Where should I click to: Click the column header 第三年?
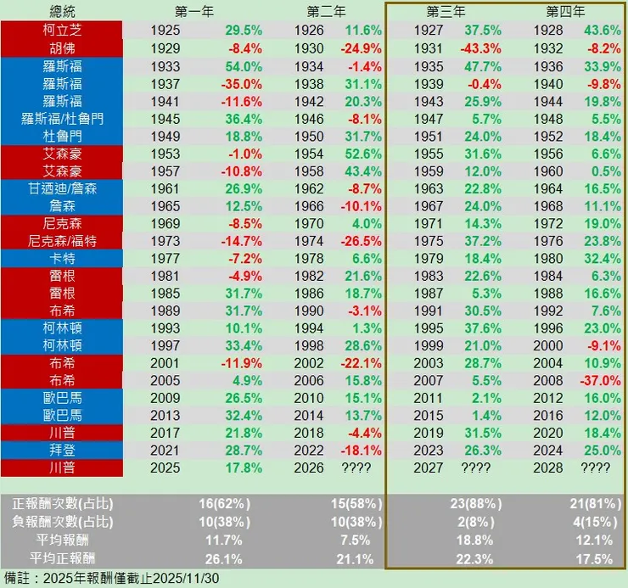point(447,12)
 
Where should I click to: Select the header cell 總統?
point(62,12)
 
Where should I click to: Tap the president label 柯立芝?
point(62,29)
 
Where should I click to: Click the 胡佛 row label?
point(62,48)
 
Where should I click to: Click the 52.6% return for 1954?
point(363,154)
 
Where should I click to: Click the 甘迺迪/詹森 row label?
point(62,188)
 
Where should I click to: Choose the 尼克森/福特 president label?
point(62,241)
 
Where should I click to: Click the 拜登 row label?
point(62,448)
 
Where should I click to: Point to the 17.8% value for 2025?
point(243,467)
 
